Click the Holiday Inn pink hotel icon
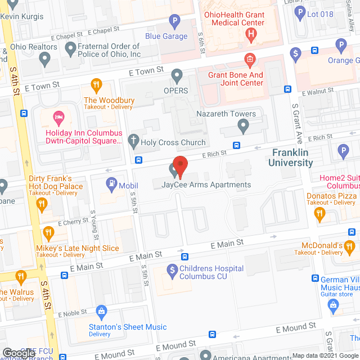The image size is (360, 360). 58,118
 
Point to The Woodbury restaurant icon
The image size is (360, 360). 97,85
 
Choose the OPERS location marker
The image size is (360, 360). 178,75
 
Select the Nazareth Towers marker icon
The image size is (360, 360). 243,127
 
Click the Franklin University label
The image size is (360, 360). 292,157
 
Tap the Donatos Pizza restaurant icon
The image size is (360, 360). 320,213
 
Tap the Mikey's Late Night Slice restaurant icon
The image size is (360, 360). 49,232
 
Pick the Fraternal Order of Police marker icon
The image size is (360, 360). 70,50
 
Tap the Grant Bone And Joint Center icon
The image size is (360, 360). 248,59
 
